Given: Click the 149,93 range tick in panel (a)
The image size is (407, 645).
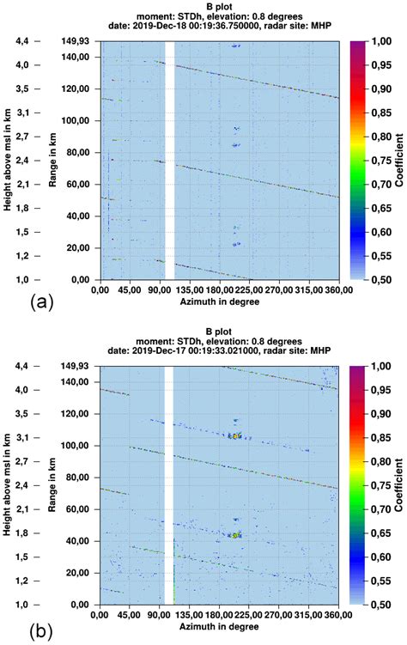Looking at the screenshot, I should click(x=78, y=40).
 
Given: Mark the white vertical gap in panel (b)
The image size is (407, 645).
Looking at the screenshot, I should click(x=169, y=485).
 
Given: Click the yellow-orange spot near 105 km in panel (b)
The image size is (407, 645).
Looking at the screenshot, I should click(x=233, y=436).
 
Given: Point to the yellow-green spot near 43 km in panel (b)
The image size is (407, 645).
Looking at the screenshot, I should click(x=234, y=535).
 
